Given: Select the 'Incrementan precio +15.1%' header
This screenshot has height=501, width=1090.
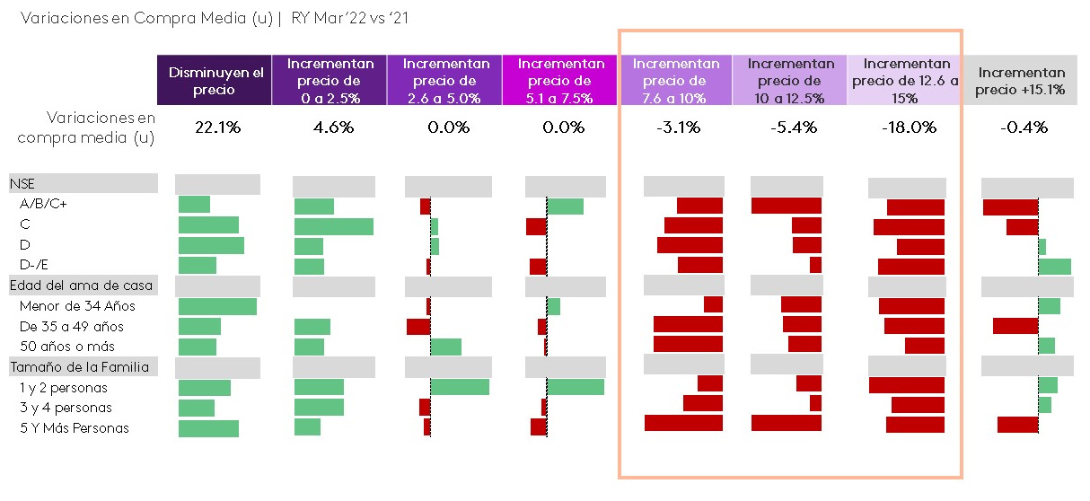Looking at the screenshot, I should click(1022, 81).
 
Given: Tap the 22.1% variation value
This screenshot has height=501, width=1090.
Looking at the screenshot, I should click(217, 127).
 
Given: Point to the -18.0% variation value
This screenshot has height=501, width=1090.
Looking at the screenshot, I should click(909, 127).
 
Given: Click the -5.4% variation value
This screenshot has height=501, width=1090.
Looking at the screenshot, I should click(793, 127).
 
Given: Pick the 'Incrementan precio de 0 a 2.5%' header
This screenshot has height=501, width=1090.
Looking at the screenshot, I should click(331, 81).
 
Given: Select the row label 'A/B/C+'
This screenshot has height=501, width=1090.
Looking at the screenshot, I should click(43, 204).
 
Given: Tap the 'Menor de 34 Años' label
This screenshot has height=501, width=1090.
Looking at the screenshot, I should click(77, 306).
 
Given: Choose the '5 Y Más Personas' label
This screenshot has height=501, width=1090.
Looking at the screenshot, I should click(75, 428).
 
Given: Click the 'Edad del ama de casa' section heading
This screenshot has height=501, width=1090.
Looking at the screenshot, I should click(81, 286).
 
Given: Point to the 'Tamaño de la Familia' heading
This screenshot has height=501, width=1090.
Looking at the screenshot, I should click(78, 366).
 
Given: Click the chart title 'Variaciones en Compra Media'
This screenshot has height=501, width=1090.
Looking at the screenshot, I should click(144, 18).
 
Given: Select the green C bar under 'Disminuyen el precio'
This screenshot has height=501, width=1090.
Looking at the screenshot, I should click(208, 225).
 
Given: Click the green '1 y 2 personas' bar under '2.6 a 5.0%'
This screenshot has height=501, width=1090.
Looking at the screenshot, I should click(460, 387).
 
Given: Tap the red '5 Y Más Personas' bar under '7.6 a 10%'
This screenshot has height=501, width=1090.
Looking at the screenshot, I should click(683, 423).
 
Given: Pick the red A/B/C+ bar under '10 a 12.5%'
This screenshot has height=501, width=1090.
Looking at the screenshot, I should click(786, 206).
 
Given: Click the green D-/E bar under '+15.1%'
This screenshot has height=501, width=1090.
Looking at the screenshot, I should click(1054, 266).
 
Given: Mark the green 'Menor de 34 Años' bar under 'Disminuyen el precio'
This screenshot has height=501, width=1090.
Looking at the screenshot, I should click(217, 306).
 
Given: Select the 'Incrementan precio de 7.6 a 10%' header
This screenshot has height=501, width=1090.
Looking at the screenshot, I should click(675, 81).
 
